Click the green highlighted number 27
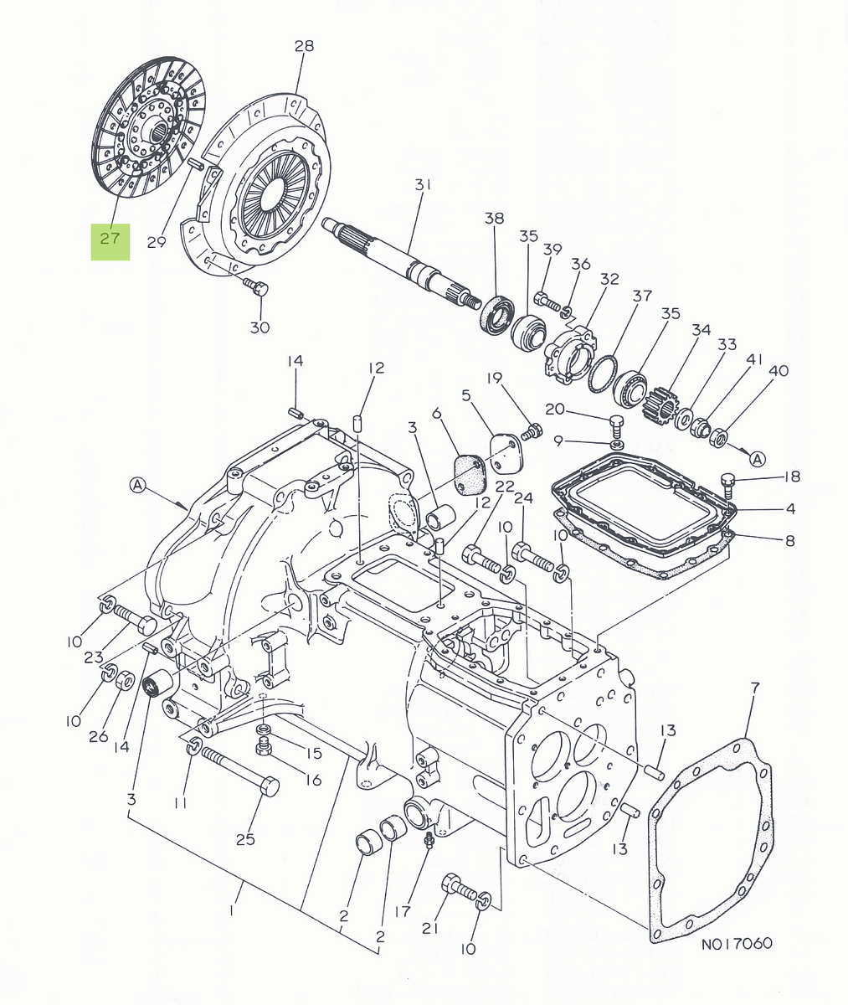[110, 238]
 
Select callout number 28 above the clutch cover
[304, 46]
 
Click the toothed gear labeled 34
[660, 402]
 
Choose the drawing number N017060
[737, 944]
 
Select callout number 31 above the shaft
[423, 184]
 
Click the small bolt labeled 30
[256, 289]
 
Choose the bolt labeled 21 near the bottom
[456, 885]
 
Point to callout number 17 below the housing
[403, 910]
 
